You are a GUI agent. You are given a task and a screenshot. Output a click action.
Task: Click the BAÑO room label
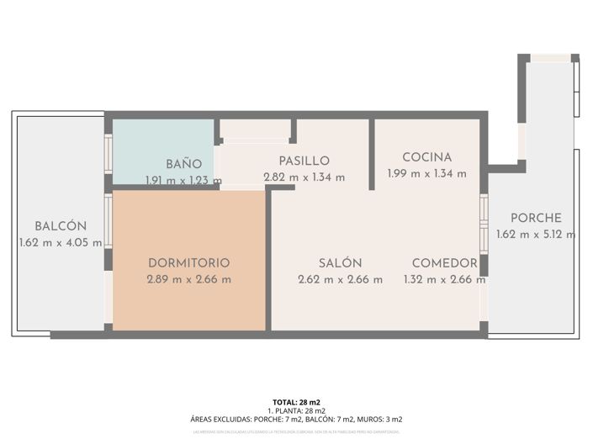click(183, 163)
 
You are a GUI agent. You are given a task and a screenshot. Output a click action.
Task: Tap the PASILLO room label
click(304, 161)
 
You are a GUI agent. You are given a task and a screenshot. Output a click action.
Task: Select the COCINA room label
click(426, 157)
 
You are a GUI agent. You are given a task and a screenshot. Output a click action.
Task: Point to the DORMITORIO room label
click(188, 262)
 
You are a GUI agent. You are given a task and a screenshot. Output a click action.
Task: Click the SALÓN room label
click(340, 262)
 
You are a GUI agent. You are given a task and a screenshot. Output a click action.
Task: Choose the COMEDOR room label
click(444, 262)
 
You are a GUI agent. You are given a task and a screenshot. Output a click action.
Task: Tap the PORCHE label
click(536, 218)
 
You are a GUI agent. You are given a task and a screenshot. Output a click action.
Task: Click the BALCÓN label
click(61, 225)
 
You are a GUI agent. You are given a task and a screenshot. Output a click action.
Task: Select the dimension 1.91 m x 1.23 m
click(183, 180)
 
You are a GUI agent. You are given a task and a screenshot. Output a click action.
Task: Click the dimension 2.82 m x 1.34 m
click(304, 177)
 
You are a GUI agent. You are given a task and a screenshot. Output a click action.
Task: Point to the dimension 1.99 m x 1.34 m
click(426, 174)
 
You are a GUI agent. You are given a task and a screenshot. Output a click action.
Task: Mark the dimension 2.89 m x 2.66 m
click(188, 279)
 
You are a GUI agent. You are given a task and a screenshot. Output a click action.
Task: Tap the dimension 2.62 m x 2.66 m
click(340, 279)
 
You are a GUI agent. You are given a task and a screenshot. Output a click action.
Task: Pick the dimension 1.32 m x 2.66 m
click(444, 279)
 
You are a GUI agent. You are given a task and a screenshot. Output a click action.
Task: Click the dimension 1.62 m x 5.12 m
click(536, 235)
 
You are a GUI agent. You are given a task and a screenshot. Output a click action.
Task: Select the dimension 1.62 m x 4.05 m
click(61, 242)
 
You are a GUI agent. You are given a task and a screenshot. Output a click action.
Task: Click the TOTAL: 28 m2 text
click(296, 402)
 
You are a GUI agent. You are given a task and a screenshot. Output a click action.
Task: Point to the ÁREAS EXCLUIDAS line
click(296, 419)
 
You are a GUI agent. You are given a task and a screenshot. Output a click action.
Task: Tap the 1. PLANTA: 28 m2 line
click(296, 410)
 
